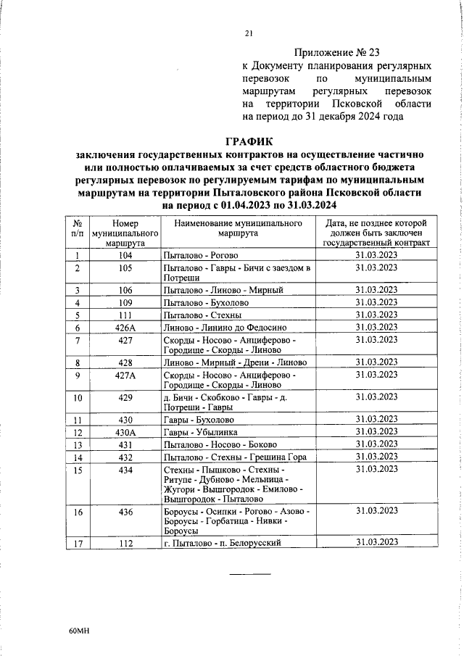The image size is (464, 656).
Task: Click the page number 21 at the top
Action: [x=249, y=33]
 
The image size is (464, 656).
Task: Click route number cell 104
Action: [x=125, y=255]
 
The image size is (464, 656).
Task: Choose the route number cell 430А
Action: [x=125, y=432]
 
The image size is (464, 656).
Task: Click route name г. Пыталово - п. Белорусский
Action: [x=222, y=542]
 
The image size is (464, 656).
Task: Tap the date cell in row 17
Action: [x=376, y=542]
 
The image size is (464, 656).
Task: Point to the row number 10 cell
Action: [x=78, y=398]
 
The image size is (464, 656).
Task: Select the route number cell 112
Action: [x=125, y=542]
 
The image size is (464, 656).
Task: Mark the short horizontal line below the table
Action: [x=250, y=574]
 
